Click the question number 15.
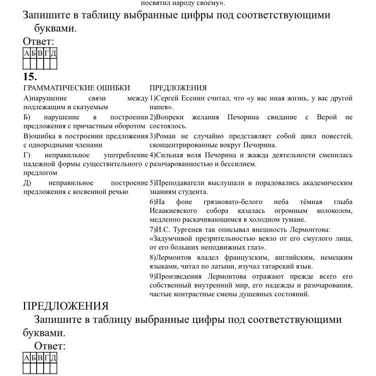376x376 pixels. click(30, 77)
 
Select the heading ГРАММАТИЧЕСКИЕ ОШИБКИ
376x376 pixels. click(76, 88)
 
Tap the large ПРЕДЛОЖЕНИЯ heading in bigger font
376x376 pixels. click(66, 306)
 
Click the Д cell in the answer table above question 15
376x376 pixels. click(53, 53)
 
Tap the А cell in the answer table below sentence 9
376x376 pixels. click(27, 357)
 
